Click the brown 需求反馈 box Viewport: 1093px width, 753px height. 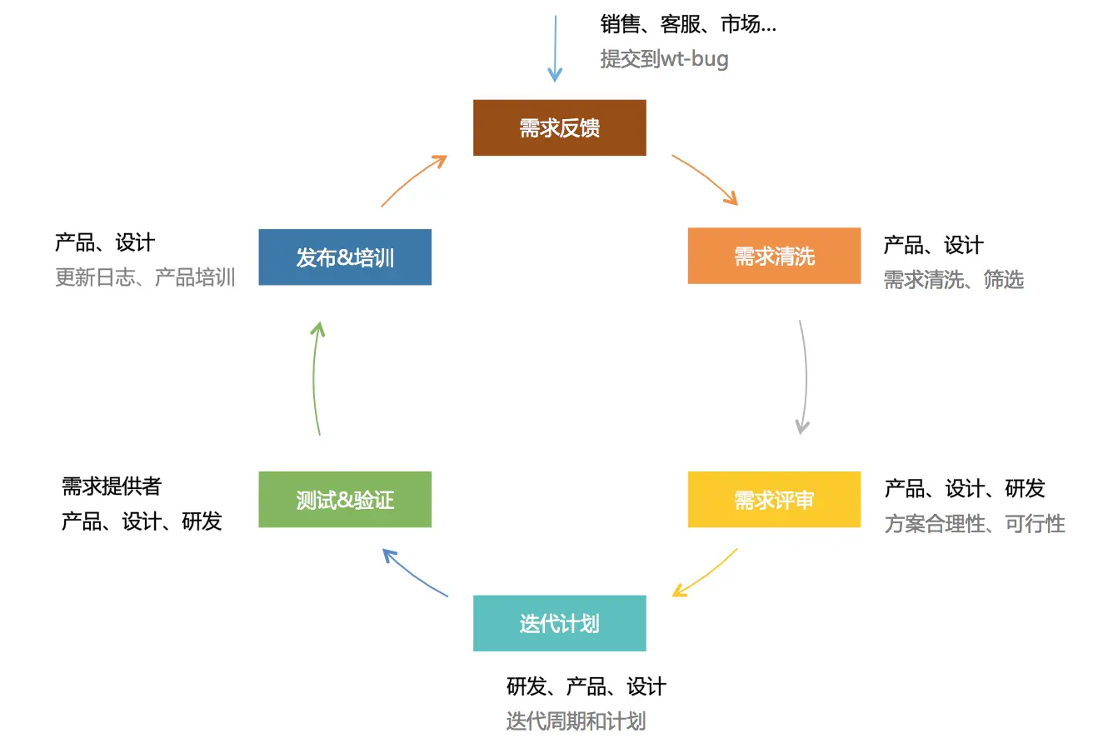coord(559,127)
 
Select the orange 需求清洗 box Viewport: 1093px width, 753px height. coord(774,256)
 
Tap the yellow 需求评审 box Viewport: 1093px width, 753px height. coord(774,500)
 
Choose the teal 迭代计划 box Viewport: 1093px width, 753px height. coord(559,623)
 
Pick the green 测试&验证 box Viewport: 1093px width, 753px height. coord(345,500)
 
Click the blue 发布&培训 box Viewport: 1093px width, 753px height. coord(345,257)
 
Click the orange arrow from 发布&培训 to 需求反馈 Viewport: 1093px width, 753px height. coord(413,178)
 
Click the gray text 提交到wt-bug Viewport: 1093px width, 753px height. coord(664,59)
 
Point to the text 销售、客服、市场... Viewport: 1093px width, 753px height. coord(687,24)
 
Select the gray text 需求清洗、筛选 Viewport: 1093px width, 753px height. coord(953,280)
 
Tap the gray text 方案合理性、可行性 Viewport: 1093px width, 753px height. coord(974,524)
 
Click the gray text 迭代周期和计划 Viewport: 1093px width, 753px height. coord(575,721)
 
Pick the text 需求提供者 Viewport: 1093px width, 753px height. coord(111,486)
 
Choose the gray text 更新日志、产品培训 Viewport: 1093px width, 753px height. coord(145,277)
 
